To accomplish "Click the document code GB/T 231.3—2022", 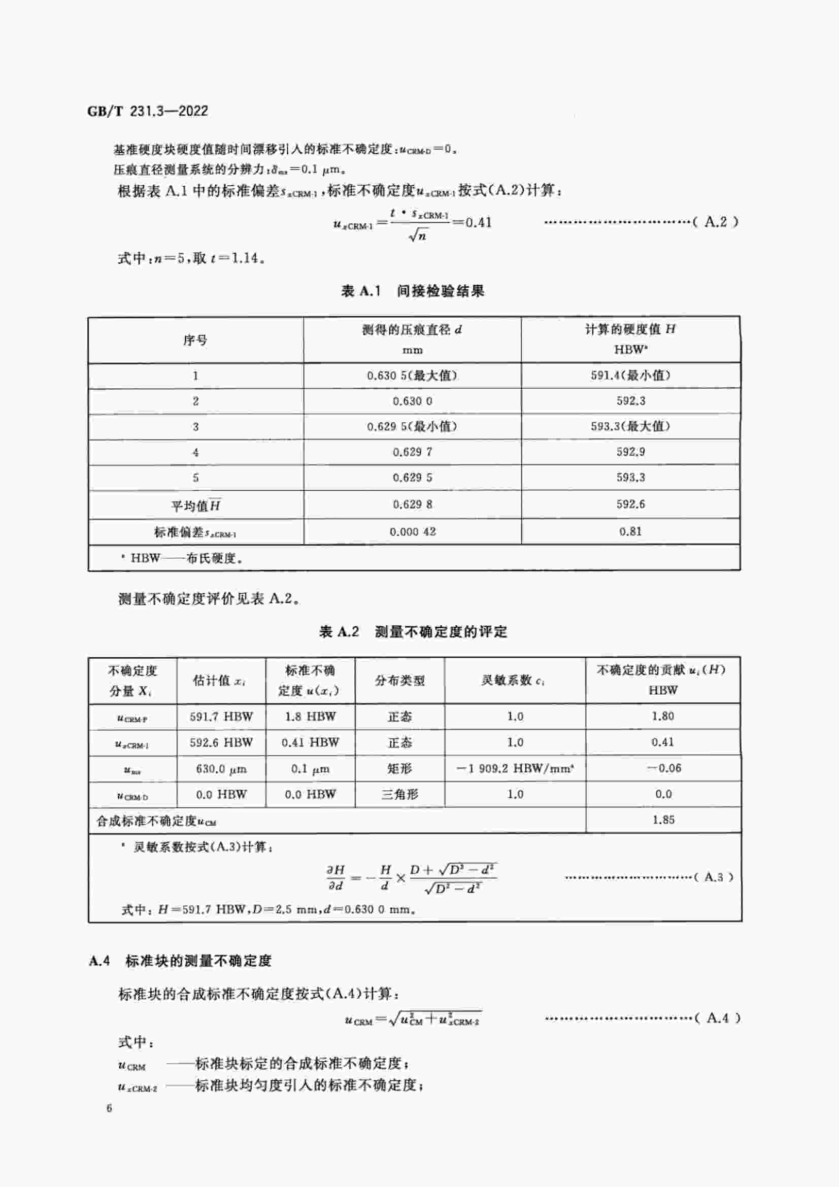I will [x=148, y=111].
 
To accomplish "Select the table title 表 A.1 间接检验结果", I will [x=413, y=291].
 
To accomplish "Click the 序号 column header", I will [x=195, y=340].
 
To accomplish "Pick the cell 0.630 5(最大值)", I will [x=412, y=376].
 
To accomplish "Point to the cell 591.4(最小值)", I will [x=630, y=376].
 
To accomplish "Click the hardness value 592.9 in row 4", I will [x=630, y=452].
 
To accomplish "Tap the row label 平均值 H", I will [x=195, y=505].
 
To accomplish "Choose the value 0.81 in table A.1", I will [x=630, y=531].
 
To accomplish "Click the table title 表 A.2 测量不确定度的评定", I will [x=413, y=632].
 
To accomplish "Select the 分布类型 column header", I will [x=399, y=681].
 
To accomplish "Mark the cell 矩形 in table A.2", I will [x=399, y=769].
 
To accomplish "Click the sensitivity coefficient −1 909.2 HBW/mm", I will [x=515, y=769].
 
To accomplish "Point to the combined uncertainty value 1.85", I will [x=663, y=820].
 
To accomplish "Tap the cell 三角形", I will [x=399, y=795].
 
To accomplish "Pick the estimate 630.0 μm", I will [x=221, y=769].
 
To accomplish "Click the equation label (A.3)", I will [x=714, y=877].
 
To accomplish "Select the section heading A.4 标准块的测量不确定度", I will [x=180, y=961].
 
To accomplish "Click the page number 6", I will [x=109, y=1108].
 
